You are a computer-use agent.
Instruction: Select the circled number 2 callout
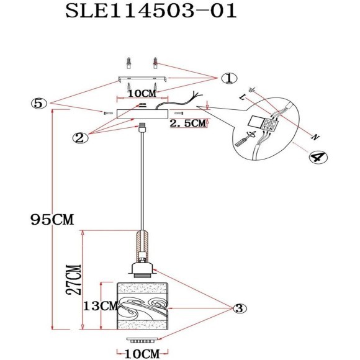pos(79,138)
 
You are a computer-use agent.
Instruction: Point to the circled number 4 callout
pos(317,158)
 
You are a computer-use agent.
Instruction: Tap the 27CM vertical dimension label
pos(73,281)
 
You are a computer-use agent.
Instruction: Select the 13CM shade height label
pos(99,306)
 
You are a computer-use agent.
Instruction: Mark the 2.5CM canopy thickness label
pos(187,124)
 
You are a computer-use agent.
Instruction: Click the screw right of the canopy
pos(180,114)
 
